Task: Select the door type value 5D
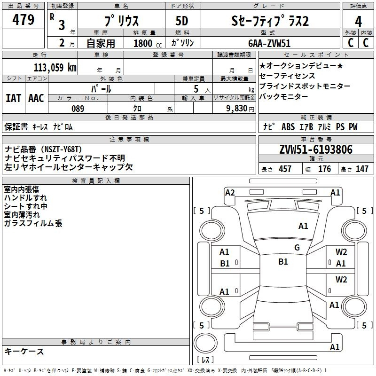click(x=182, y=21)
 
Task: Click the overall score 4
click(x=359, y=21)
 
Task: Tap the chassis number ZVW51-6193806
click(x=315, y=150)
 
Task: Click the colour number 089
click(x=78, y=109)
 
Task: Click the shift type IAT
click(x=13, y=98)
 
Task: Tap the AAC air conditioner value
click(x=36, y=98)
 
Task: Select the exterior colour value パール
click(x=102, y=88)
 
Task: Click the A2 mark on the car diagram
click(x=230, y=192)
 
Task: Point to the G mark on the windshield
click(x=297, y=248)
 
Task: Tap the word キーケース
click(x=24, y=351)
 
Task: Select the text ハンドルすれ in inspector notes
click(x=25, y=198)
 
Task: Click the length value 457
click(x=285, y=169)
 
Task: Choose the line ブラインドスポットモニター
click(x=305, y=86)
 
